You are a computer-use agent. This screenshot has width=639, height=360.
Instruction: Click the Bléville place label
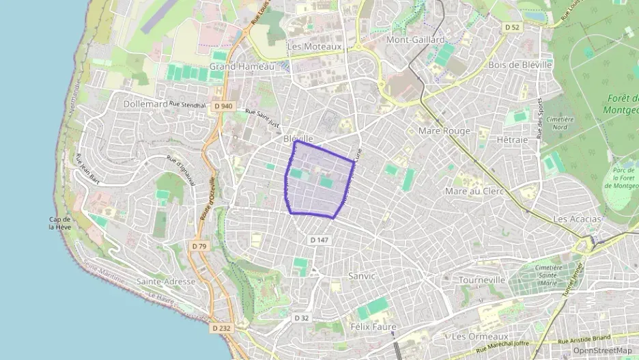pyautogui.click(x=298, y=138)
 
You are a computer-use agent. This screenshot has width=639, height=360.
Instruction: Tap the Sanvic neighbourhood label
pyautogui.click(x=362, y=276)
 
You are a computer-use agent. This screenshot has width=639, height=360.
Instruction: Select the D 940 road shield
pyautogui.click(x=223, y=107)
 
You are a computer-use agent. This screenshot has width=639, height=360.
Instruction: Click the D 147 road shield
pyautogui.click(x=319, y=240)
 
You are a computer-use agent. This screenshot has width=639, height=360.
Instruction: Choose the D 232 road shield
pyautogui.click(x=221, y=329)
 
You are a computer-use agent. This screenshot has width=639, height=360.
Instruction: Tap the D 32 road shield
pyautogui.click(x=302, y=318)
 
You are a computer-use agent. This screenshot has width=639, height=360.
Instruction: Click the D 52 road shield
pyautogui.click(x=512, y=27)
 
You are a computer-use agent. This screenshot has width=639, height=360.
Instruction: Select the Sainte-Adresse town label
pyautogui.click(x=166, y=281)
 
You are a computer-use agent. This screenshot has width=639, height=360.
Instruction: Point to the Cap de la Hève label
pyautogui.click(x=60, y=223)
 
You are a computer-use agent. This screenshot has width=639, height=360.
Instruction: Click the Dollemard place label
pyautogui.click(x=146, y=105)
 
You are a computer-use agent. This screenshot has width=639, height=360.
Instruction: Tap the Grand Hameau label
pyautogui.click(x=241, y=66)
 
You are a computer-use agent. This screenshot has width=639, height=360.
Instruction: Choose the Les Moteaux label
pyautogui.click(x=314, y=46)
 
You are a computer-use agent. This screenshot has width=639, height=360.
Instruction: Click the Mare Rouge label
pyautogui.click(x=444, y=130)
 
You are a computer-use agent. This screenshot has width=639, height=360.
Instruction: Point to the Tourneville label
pyautogui.click(x=481, y=280)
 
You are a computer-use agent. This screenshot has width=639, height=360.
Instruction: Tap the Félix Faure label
pyautogui.click(x=373, y=327)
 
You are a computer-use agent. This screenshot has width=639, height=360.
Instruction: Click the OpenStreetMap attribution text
pyautogui.click(x=602, y=350)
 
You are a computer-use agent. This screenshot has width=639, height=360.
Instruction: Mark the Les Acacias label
pyautogui.click(x=578, y=219)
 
